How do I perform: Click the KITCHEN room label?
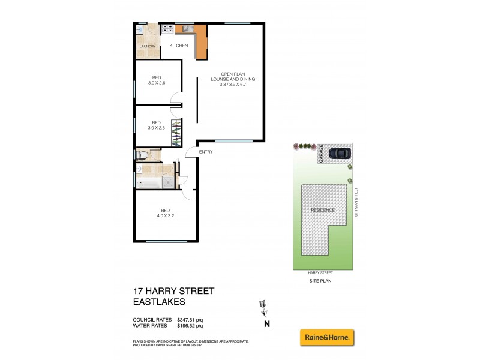coord(179,46)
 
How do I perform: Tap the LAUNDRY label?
coord(147,46)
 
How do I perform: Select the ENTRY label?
coord(205,152)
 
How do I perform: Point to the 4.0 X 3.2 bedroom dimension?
coord(165,215)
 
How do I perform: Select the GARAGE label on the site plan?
coord(322,153)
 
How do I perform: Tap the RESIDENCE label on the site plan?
coord(323,210)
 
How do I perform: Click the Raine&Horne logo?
coord(328,338)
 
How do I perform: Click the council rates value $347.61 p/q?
coord(190,319)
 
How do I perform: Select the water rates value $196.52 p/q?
coord(190,326)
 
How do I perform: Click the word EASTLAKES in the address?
coord(158,303)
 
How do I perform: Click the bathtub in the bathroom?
coord(149,182)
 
